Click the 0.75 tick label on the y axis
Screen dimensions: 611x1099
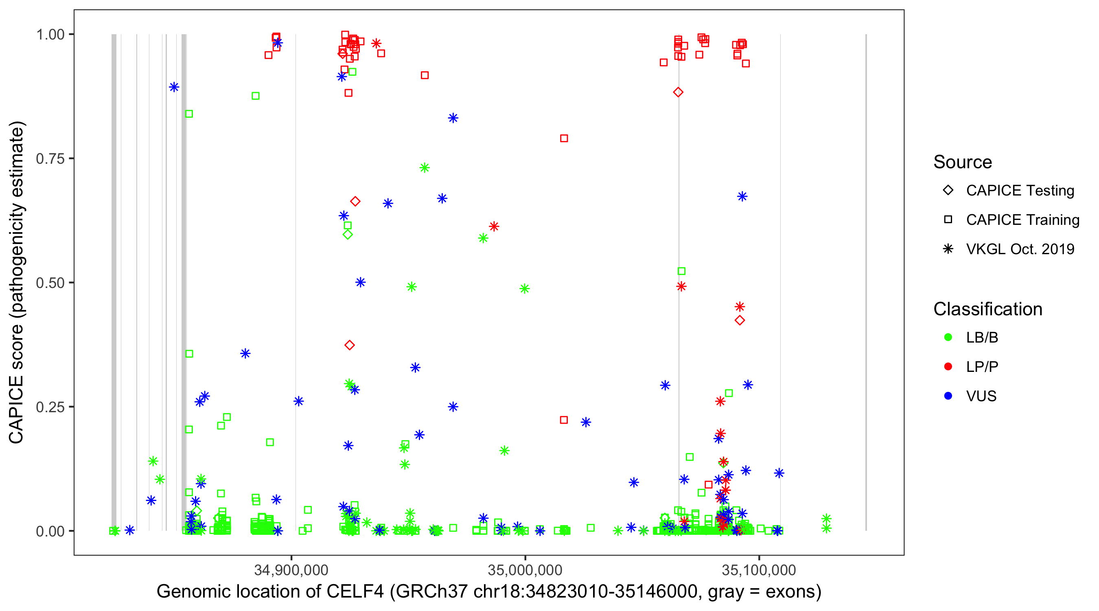pos(50,158)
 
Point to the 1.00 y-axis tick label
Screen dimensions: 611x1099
pos(50,34)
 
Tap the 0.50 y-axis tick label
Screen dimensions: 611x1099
pos(50,283)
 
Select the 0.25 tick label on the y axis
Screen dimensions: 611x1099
pos(50,407)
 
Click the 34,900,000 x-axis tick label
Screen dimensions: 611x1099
pos(291,569)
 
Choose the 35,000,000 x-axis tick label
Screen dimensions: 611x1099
pos(525,569)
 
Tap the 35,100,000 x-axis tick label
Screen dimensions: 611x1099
pos(759,569)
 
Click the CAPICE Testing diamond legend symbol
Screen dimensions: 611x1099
pos(948,190)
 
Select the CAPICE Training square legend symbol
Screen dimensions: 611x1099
pos(948,220)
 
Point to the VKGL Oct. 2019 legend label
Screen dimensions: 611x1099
pos(1020,249)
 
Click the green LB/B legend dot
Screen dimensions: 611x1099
pos(948,337)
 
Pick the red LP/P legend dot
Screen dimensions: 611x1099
pos(948,367)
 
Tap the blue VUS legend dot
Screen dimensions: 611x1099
pos(948,396)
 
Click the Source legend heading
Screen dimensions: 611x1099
pos(963,162)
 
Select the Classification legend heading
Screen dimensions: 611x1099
pos(987,309)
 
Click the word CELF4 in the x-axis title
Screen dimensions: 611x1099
pos(355,592)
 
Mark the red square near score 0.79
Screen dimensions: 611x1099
pos(564,138)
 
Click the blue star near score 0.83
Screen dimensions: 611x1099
pos(453,118)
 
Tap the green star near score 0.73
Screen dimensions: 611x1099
pos(424,168)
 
